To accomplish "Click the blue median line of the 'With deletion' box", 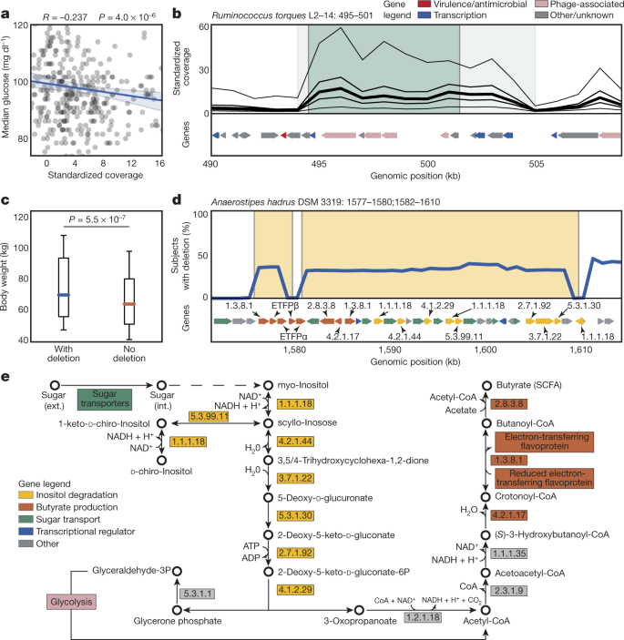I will tap(64, 295).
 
